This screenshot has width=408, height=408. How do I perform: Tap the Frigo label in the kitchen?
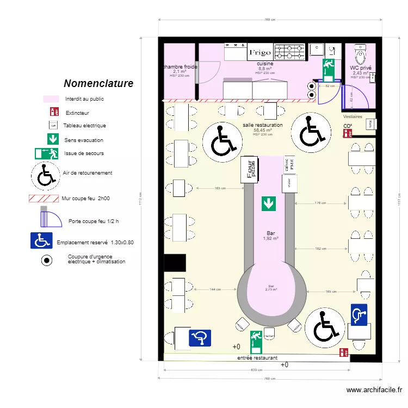click(260, 53)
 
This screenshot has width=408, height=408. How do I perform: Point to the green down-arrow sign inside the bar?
click(268, 203)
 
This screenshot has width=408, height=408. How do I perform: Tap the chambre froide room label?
click(180, 67)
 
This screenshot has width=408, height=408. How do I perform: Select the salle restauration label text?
click(263, 125)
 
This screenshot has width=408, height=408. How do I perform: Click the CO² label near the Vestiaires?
click(347, 126)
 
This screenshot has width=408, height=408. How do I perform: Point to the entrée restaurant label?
click(257, 358)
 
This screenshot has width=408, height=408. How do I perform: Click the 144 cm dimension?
click(215, 289)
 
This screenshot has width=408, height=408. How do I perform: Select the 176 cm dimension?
click(321, 203)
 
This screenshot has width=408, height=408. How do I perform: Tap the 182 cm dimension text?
click(321, 248)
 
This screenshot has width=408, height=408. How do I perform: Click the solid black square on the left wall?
click(175, 263)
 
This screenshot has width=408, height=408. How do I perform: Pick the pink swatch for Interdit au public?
click(51, 100)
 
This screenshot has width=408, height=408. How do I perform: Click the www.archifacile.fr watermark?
click(374, 390)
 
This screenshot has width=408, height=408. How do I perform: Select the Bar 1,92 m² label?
click(270, 235)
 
